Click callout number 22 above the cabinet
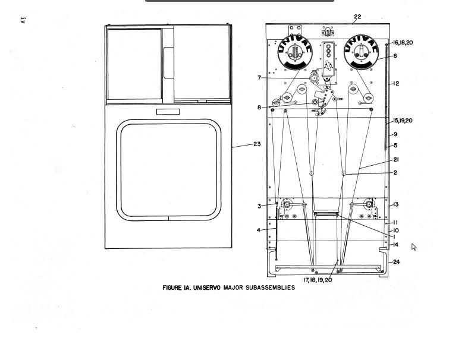point(357,17)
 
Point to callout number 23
point(257,144)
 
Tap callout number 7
point(259,78)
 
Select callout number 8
point(259,108)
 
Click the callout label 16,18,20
point(403,43)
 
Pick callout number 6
point(395,56)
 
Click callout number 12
point(396,84)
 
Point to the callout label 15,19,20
point(403,121)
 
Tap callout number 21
point(396,160)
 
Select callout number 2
point(395,172)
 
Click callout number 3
point(259,206)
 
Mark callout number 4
point(259,230)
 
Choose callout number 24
point(397,262)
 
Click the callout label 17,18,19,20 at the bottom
point(318,280)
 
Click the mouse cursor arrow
point(414,247)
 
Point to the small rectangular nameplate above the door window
point(168,112)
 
